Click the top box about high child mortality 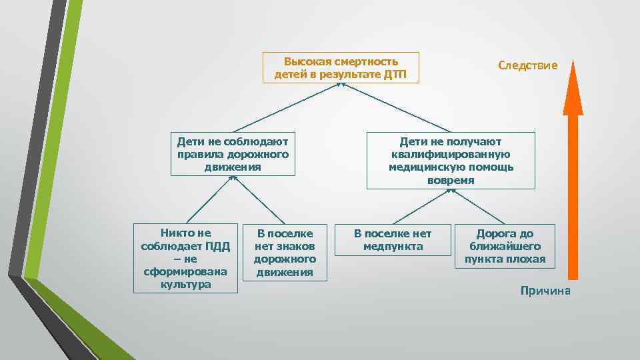[x=341, y=67]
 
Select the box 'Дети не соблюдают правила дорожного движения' [x=233, y=154]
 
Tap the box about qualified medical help [x=451, y=161]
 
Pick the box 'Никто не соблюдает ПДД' [x=185, y=258]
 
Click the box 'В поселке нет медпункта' [x=393, y=240]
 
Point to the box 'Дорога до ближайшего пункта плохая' [x=505, y=247]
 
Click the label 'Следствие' [x=527, y=65]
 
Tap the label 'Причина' [x=545, y=291]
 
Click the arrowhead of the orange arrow [x=573, y=87]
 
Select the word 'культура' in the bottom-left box [x=185, y=284]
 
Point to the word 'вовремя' [x=451, y=180]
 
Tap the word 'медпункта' [x=393, y=246]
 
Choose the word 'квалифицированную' [x=451, y=155]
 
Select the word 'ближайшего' [x=505, y=246]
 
